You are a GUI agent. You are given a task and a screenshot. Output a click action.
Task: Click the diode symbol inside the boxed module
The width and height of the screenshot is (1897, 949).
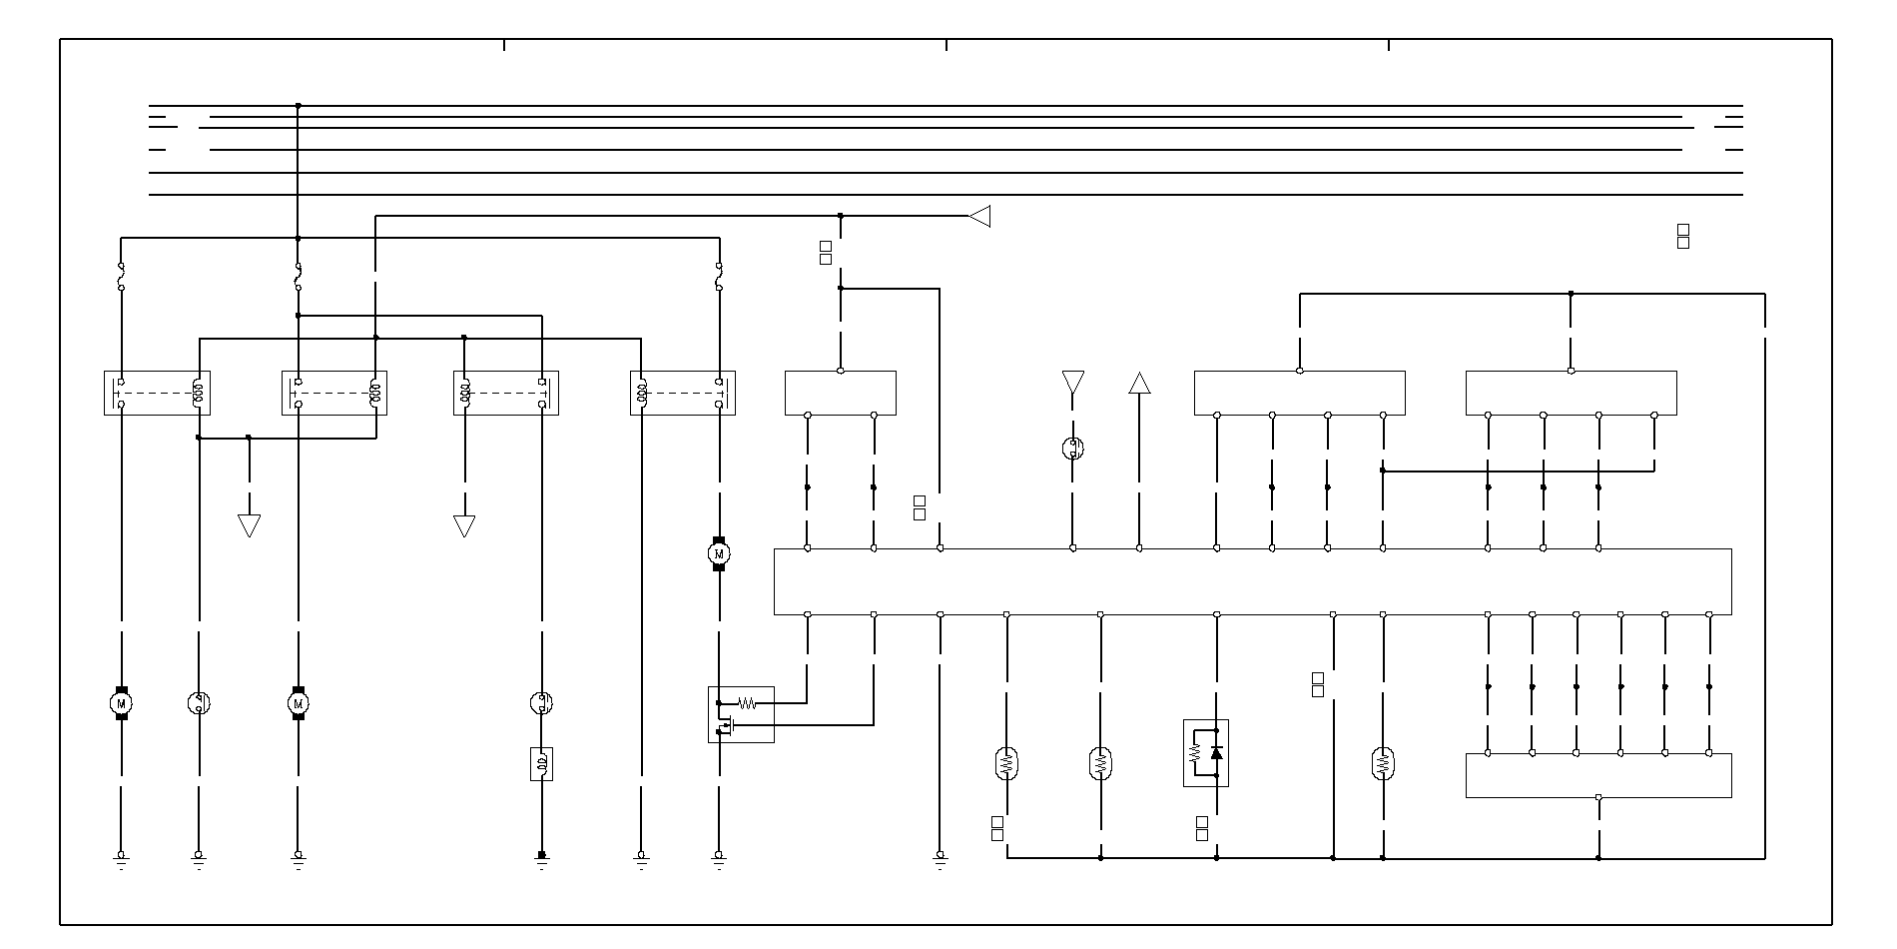click(1216, 752)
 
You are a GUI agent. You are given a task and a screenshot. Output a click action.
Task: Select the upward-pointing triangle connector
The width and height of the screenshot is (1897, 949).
click(1139, 383)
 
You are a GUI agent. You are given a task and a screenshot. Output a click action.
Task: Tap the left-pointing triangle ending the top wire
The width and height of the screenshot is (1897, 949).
click(980, 216)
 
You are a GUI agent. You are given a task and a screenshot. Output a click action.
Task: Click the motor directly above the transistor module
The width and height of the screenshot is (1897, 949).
click(719, 553)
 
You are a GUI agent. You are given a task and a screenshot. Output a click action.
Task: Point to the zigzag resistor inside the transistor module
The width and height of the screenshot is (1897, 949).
click(746, 703)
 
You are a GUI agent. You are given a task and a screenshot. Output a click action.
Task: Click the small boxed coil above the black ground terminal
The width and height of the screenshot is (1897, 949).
click(542, 764)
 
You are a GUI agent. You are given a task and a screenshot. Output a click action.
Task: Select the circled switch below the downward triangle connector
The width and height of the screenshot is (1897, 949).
click(1073, 448)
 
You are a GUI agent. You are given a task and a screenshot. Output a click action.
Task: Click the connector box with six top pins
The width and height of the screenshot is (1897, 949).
click(1597, 775)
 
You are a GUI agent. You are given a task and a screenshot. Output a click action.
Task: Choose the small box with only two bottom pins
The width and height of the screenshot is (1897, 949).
click(840, 393)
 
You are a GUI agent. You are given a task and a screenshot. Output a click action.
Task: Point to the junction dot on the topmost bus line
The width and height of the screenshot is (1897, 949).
click(299, 105)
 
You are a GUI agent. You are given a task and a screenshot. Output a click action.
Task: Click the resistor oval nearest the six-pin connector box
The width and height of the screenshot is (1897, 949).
click(1383, 764)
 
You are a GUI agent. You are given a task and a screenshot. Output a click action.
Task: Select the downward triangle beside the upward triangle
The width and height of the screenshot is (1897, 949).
click(1073, 383)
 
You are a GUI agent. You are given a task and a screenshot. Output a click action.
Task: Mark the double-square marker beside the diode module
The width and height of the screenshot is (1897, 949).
click(1202, 828)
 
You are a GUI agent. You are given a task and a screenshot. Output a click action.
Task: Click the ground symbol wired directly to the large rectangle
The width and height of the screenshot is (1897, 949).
click(940, 858)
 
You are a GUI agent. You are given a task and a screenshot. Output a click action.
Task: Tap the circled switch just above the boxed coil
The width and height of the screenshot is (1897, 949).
click(542, 703)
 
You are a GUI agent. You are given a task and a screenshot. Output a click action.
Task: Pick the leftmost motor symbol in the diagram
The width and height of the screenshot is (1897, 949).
click(122, 703)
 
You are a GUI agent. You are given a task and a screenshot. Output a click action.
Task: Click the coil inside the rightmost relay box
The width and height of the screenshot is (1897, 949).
click(642, 393)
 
